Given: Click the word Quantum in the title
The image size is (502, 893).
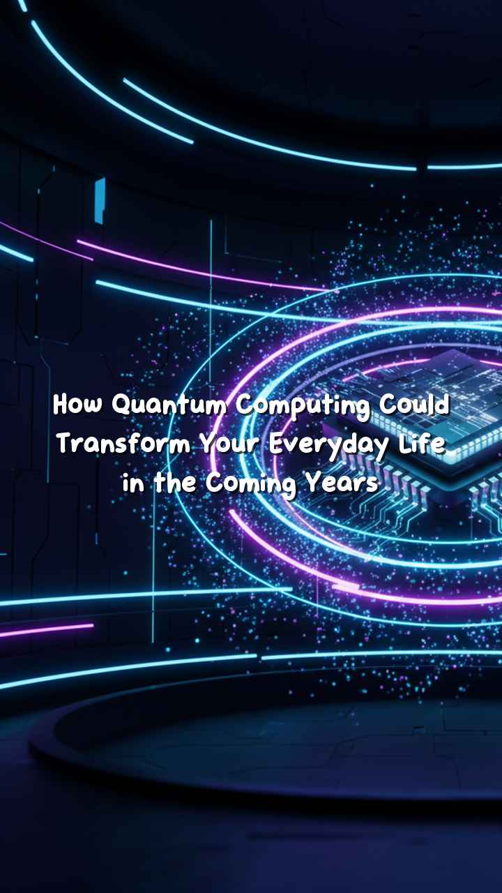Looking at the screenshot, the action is coord(169,406).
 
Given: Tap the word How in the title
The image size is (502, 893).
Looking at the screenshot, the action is coord(77,405).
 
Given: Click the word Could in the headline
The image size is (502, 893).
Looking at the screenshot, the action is coord(414,405).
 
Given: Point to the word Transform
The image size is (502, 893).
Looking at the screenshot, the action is coord(124,444).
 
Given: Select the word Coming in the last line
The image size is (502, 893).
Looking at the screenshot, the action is coord(251,485).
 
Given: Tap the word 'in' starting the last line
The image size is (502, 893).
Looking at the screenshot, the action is coord(133,483).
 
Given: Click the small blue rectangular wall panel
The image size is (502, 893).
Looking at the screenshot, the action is coord(100,200).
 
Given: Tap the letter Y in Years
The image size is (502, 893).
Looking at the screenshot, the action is coord(314,483).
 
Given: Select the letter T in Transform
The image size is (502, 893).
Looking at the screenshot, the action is coord(67,444).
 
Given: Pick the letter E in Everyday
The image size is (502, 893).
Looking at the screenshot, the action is coord(277,443).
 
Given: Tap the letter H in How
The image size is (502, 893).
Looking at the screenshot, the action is coord(61,405).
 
